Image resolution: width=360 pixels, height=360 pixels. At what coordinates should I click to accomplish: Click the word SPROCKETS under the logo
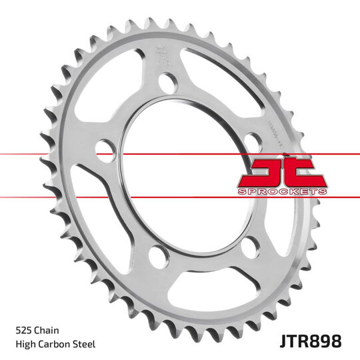[281, 191]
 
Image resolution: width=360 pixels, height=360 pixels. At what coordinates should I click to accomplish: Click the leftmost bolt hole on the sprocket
[105, 149]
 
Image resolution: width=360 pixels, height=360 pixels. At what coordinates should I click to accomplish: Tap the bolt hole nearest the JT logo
[252, 143]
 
